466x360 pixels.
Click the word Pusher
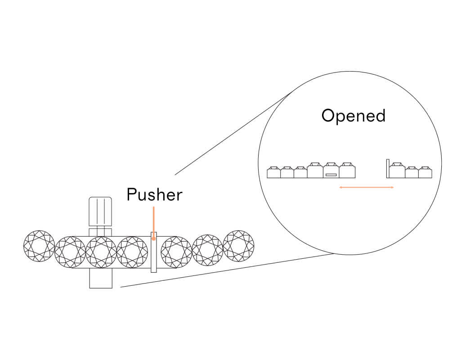154,195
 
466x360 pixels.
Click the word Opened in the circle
354,116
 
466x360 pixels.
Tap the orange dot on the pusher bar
154,239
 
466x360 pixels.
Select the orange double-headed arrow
367,187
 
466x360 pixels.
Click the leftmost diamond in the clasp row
39,246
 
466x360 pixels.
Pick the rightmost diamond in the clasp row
238,246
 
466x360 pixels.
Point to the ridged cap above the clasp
100,211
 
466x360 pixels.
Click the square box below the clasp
101,279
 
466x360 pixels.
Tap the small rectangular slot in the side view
331,175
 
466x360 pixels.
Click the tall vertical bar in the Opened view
387,168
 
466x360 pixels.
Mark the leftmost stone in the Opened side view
273,173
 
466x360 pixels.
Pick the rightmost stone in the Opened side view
425,173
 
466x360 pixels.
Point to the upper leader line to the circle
234,132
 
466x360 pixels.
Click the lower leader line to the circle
225,271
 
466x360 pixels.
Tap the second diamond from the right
207,250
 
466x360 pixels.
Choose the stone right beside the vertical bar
397,171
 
